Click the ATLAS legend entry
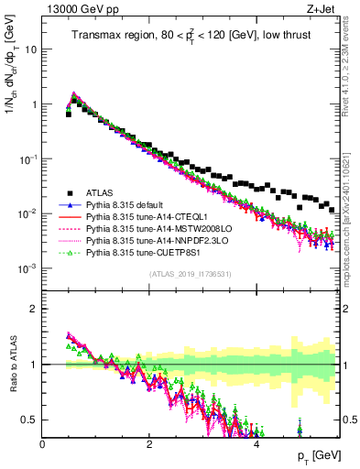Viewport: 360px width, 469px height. [101, 192]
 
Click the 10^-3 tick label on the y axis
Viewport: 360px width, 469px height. [27, 268]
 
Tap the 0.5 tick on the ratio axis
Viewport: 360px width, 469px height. [30, 420]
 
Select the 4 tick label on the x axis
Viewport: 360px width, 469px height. [256, 444]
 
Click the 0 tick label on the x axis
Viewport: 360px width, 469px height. [43, 444]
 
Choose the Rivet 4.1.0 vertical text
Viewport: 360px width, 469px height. [351, 69]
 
